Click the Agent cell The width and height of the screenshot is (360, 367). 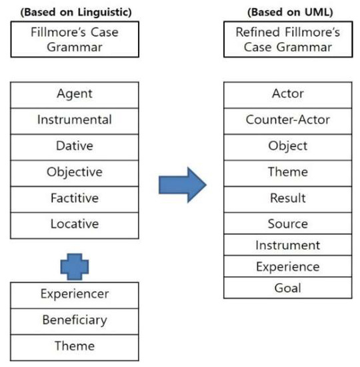click(x=75, y=94)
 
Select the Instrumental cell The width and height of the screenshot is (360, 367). click(x=75, y=120)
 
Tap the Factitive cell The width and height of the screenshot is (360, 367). click(x=75, y=198)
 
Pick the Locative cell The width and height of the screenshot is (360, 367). click(x=75, y=224)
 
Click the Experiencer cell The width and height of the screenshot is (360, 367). click(x=75, y=294)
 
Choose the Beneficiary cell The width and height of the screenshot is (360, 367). click(x=75, y=320)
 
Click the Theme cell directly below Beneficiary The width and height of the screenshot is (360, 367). click(x=75, y=346)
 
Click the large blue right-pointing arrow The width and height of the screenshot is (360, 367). click(x=182, y=184)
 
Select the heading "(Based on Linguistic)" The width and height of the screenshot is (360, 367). click(x=75, y=11)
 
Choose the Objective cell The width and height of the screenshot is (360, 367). click(x=75, y=172)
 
